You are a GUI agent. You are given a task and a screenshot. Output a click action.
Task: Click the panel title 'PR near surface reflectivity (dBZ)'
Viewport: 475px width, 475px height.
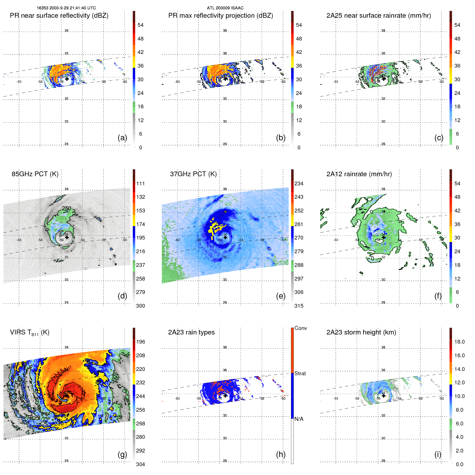(x=59, y=16)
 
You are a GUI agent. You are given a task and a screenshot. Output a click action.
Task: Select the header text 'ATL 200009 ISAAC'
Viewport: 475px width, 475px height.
(x=225, y=8)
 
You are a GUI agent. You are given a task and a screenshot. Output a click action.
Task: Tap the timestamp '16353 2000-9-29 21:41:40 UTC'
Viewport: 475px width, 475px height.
(x=66, y=8)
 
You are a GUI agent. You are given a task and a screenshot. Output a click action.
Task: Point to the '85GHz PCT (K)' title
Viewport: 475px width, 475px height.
(x=35, y=174)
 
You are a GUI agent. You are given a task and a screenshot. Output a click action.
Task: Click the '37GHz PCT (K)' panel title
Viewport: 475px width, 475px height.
(x=193, y=174)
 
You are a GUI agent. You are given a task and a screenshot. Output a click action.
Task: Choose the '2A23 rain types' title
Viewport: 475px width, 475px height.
(x=191, y=332)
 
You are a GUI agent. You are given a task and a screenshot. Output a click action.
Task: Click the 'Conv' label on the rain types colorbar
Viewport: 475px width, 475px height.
(x=300, y=328)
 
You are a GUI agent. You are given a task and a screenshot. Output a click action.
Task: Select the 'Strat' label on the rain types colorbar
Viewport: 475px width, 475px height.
(x=300, y=373)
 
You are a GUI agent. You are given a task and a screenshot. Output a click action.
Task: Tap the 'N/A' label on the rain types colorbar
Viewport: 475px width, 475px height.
(x=299, y=419)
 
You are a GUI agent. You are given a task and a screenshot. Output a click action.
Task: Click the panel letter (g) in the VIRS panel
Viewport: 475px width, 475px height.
(x=122, y=454)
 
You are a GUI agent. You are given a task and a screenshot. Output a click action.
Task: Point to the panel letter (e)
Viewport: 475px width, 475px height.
(x=281, y=296)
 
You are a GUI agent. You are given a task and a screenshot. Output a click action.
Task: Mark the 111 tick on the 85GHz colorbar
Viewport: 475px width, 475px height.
(x=140, y=183)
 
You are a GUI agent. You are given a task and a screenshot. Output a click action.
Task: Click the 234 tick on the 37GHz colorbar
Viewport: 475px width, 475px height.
(x=299, y=183)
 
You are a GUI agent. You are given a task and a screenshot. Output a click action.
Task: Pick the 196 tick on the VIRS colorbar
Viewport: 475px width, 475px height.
(x=140, y=342)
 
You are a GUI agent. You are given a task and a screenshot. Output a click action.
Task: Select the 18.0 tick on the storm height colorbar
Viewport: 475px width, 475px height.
(x=459, y=342)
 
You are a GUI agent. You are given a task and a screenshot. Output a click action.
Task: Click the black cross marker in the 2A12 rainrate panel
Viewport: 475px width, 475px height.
(x=384, y=237)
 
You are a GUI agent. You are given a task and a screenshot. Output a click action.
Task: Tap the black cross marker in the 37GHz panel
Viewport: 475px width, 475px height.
(x=225, y=237)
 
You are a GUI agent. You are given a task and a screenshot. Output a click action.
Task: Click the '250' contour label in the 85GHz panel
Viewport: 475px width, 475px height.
(x=67, y=208)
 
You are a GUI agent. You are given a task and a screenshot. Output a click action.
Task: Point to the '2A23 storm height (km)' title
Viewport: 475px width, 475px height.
(x=361, y=332)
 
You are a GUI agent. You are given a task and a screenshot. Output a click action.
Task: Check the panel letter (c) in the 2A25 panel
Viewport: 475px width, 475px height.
(x=439, y=138)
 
